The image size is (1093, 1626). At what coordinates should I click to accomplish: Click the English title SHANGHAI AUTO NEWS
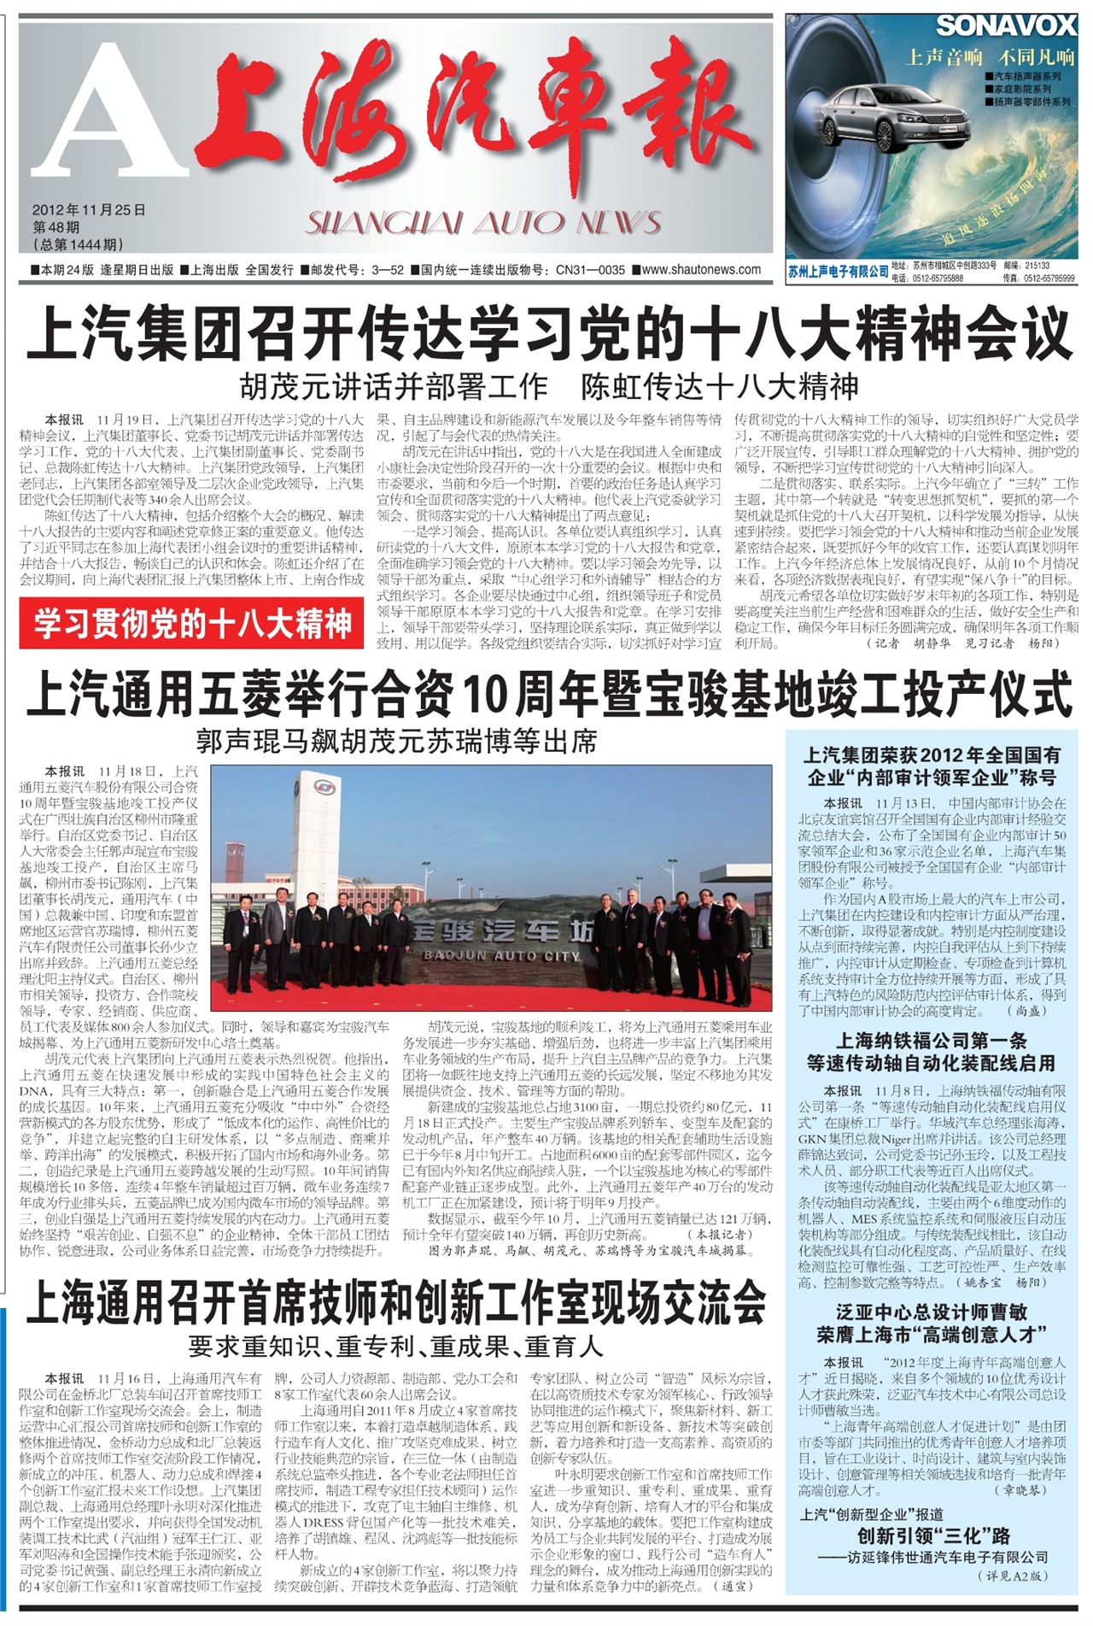click(483, 223)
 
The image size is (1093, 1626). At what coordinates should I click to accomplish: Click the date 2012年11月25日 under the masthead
click(89, 210)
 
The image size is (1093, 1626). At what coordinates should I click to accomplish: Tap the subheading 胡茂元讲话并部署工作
click(393, 387)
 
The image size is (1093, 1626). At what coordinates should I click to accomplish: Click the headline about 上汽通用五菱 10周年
click(548, 694)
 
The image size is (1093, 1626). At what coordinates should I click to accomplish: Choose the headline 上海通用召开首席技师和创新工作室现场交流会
click(396, 1302)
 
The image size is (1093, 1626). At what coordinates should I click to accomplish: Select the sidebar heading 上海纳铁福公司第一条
click(932, 1041)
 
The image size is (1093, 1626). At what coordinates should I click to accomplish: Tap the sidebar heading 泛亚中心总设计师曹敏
click(932, 1312)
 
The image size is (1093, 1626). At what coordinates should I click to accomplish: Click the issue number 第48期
click(56, 227)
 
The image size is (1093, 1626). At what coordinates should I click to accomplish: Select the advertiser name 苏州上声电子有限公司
click(838, 271)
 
